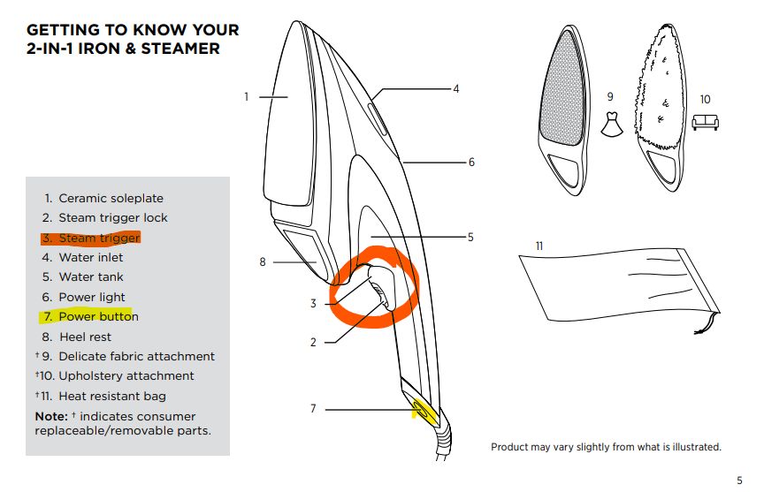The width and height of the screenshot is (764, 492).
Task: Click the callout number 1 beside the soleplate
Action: (247, 96)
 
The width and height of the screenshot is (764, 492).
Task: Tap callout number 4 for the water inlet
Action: (456, 89)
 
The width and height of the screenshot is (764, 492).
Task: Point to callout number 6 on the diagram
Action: (471, 163)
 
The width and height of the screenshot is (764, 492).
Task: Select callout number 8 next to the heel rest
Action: (263, 261)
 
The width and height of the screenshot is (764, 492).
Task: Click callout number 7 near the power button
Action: (313, 409)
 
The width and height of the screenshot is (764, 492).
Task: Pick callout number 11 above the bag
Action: (539, 245)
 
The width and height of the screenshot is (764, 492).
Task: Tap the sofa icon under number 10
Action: (705, 123)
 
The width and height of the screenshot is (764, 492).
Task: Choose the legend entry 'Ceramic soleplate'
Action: (111, 198)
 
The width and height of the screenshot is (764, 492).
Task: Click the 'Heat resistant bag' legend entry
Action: (112, 396)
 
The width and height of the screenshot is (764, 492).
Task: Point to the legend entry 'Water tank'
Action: (91, 277)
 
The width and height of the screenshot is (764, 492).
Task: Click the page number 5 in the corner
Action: (739, 481)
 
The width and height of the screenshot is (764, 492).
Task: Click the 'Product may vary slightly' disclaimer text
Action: (606, 447)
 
